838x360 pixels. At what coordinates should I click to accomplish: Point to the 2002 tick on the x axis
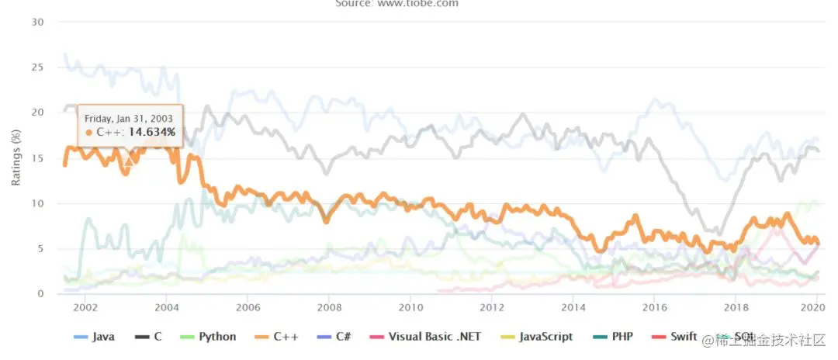pyautogui.click(x=85, y=307)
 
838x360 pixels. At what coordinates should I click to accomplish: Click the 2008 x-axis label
pyautogui.click(x=329, y=307)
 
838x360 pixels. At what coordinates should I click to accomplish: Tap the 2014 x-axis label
pyautogui.click(x=573, y=307)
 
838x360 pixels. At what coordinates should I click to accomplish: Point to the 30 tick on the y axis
pyautogui.click(x=36, y=22)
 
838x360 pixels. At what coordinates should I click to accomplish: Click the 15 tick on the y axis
pyautogui.click(x=36, y=158)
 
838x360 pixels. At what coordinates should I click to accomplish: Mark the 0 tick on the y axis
pyautogui.click(x=40, y=294)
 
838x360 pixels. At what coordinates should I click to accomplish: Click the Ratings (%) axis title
pyautogui.click(x=16, y=158)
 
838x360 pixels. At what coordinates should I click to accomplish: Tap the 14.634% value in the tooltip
pyautogui.click(x=152, y=133)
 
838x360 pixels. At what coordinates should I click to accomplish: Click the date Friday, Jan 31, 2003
pyautogui.click(x=129, y=118)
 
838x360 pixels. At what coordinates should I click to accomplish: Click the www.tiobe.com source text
pyautogui.click(x=419, y=4)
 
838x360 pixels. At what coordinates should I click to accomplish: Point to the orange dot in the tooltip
pyautogui.click(x=88, y=133)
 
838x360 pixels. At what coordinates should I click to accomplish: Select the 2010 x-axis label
pyautogui.click(x=410, y=307)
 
